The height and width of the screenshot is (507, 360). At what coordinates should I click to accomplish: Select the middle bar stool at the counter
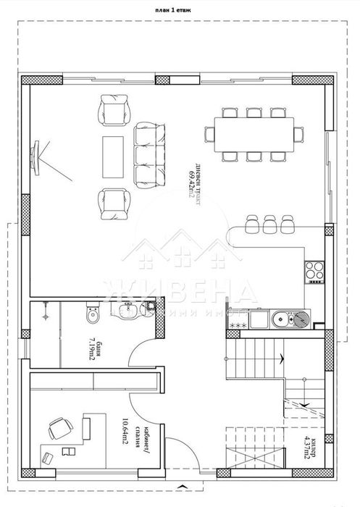[269, 224]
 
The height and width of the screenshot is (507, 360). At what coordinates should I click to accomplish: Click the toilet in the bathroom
[91, 317]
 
